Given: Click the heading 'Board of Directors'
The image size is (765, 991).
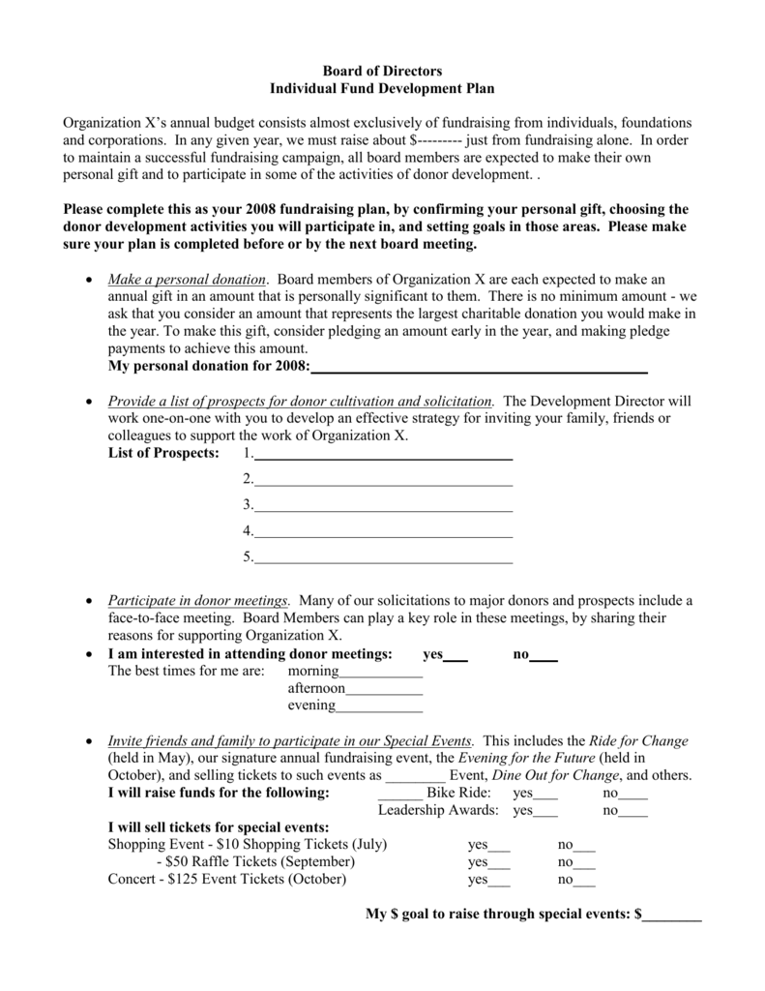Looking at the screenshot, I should click(x=381, y=71).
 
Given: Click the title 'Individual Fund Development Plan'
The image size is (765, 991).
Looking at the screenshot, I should click(x=381, y=88).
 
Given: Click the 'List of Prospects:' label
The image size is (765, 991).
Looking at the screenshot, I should click(x=163, y=454).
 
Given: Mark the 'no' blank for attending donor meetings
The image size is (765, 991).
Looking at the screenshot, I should click(x=544, y=656).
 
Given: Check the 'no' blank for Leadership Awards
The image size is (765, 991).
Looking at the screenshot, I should click(x=634, y=811).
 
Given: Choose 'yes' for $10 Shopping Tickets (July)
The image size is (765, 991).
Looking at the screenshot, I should click(x=500, y=845).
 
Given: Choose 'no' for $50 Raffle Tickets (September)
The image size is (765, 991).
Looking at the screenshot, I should click(x=584, y=862).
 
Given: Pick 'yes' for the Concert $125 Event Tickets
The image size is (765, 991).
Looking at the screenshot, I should click(x=500, y=880).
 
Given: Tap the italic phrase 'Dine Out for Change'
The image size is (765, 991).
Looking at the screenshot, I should click(x=555, y=776).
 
